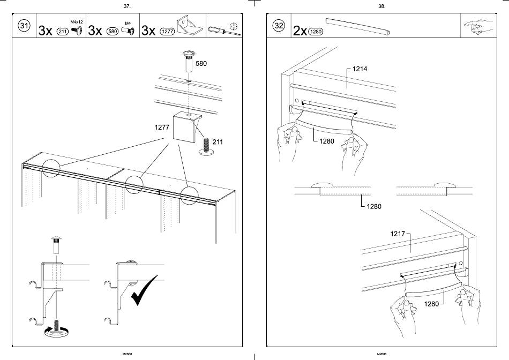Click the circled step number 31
click(24, 26)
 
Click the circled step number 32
click(279, 26)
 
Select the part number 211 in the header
click(62, 31)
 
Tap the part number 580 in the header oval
click(113, 31)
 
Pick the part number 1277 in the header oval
click(167, 31)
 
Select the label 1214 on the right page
click(360, 69)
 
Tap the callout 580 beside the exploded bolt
click(201, 63)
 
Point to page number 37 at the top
click(127, 6)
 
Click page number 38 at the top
click(381, 6)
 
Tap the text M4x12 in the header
click(77, 22)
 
